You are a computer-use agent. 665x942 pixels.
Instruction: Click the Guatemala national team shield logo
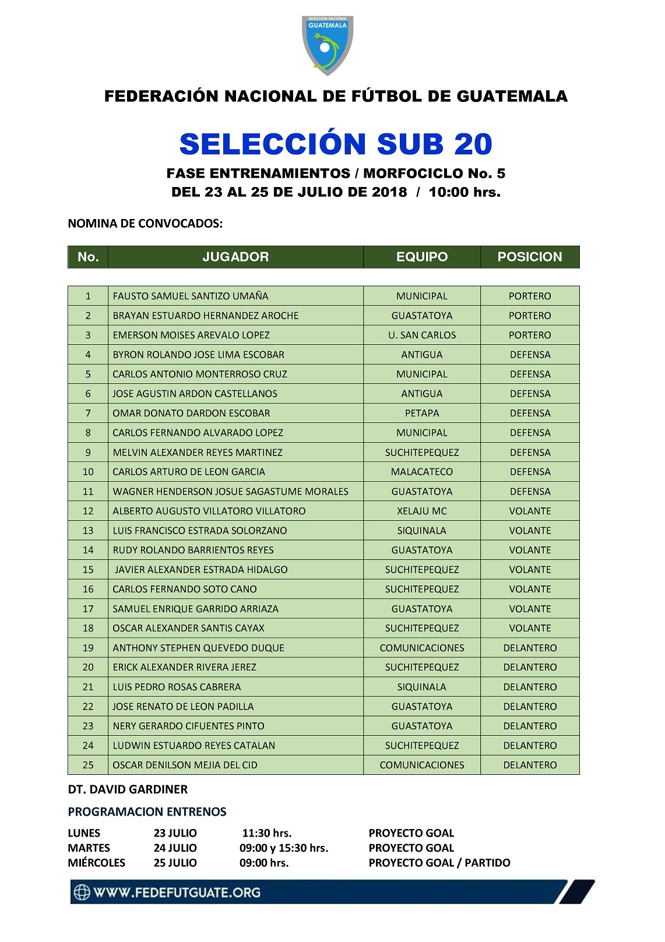pyautogui.click(x=328, y=45)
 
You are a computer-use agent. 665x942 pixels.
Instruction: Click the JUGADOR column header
pyautogui.click(x=235, y=257)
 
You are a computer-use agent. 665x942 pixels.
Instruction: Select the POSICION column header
pyautogui.click(x=530, y=257)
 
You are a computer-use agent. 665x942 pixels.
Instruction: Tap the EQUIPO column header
pyautogui.click(x=422, y=257)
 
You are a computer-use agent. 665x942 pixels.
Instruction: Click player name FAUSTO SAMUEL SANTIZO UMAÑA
pyautogui.click(x=191, y=296)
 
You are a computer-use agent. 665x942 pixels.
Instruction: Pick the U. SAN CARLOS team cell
pyautogui.click(x=422, y=335)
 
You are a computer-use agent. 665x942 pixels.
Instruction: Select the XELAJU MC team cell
pyautogui.click(x=422, y=511)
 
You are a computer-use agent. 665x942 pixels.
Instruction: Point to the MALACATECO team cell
pyautogui.click(x=422, y=472)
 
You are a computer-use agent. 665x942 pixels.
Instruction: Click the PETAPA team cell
pyautogui.click(x=422, y=413)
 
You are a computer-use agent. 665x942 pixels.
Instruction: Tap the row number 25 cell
pyautogui.click(x=88, y=765)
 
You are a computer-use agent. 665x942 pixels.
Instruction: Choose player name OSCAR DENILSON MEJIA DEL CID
pyautogui.click(x=185, y=765)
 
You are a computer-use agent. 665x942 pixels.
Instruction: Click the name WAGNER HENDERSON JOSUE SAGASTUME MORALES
pyautogui.click(x=230, y=492)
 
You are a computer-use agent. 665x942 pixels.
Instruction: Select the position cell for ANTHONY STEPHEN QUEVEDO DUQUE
pyautogui.click(x=530, y=648)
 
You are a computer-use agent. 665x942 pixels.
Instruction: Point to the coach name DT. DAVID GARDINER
pyautogui.click(x=128, y=789)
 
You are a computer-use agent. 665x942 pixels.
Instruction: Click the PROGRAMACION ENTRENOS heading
pyautogui.click(x=147, y=812)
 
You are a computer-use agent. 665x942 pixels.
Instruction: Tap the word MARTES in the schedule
pyautogui.click(x=89, y=848)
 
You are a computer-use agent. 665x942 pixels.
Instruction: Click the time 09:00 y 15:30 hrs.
pyautogui.click(x=284, y=848)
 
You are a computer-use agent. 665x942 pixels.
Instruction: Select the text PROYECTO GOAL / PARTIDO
pyautogui.click(x=439, y=863)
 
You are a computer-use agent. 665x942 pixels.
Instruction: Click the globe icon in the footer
pyautogui.click(x=82, y=892)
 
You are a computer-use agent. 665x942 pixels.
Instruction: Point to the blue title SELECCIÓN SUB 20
pyautogui.click(x=336, y=144)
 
